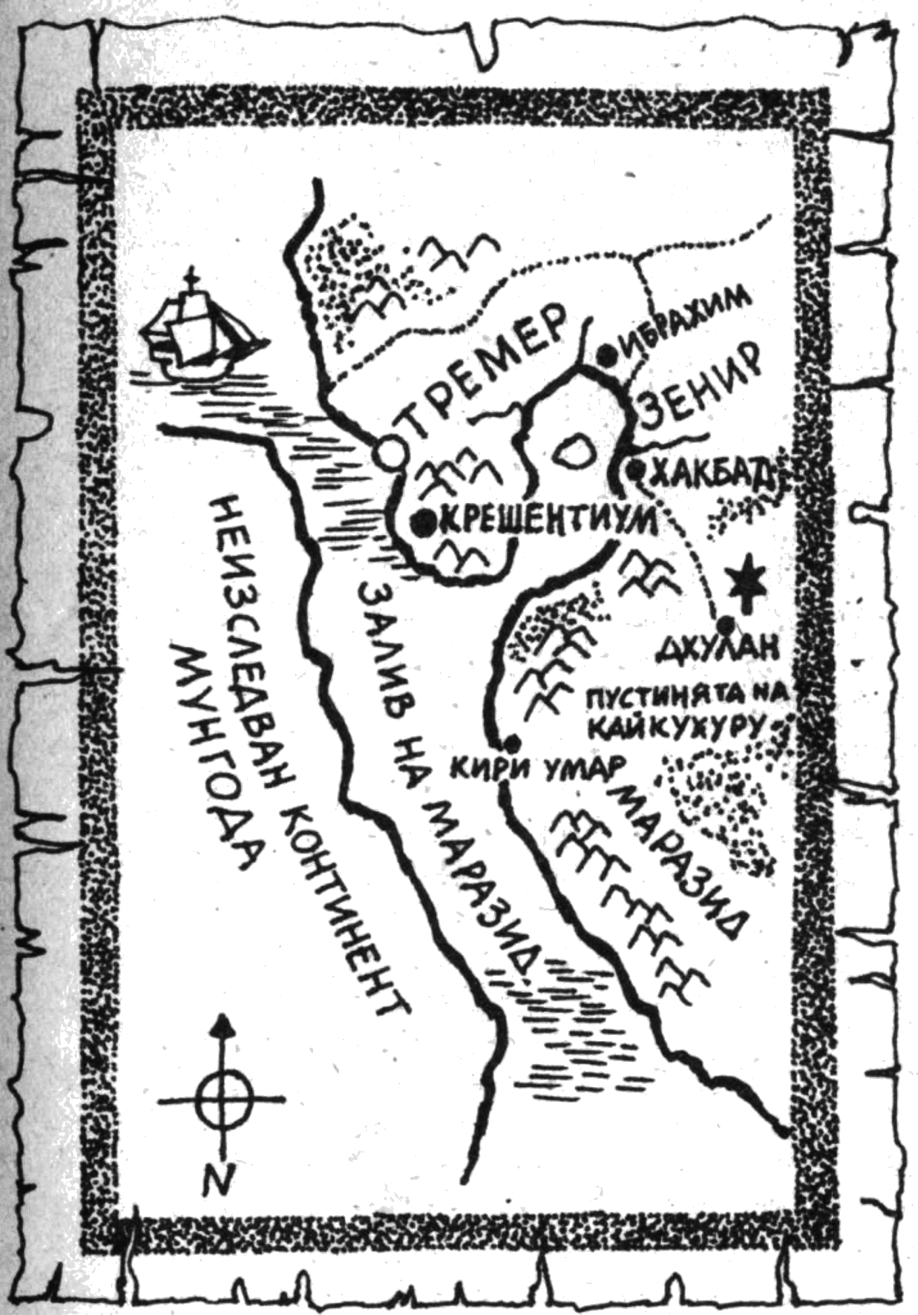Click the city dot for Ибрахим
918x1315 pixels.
tap(608, 356)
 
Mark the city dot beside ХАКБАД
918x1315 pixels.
tap(636, 470)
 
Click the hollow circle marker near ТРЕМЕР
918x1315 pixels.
tap(388, 451)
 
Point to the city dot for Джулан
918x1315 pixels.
tap(724, 622)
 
